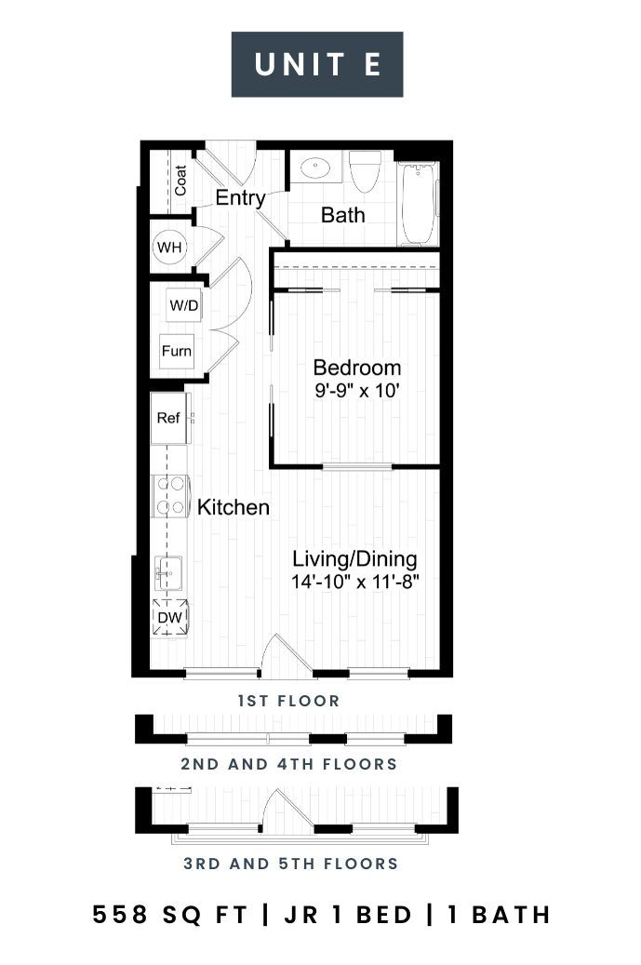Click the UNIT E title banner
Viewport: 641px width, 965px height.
(x=317, y=64)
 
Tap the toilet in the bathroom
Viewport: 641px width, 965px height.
(x=365, y=172)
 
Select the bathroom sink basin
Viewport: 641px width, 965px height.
(x=315, y=168)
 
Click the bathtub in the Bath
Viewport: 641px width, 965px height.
(x=418, y=204)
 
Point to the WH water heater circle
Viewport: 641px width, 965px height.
(x=169, y=248)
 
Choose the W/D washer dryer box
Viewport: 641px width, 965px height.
(x=183, y=305)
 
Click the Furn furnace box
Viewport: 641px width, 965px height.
(x=177, y=351)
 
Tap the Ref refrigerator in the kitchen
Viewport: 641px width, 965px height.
(x=168, y=419)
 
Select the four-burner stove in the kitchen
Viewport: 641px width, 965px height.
(x=169, y=495)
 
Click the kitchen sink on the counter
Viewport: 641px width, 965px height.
(x=167, y=573)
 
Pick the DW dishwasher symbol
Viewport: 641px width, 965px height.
(x=169, y=617)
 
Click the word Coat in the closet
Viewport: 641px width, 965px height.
(x=180, y=181)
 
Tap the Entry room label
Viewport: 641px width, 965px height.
(x=240, y=198)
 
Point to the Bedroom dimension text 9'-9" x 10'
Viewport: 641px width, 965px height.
(x=357, y=390)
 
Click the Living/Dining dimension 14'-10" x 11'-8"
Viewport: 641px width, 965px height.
(x=355, y=581)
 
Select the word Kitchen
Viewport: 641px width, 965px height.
(x=234, y=507)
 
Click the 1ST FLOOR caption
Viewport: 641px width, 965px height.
(x=288, y=701)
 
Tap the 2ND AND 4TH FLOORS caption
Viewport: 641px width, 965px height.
(x=289, y=764)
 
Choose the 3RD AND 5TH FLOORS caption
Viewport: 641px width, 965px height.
(x=291, y=864)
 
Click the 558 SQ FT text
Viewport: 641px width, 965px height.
(x=170, y=915)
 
